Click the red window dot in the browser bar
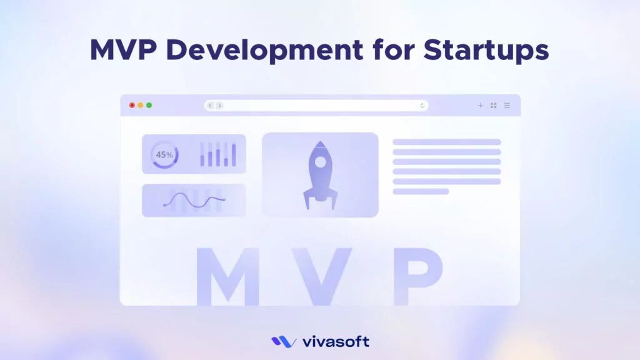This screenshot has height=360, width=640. tap(132, 105)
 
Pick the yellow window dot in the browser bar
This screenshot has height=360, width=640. tap(141, 105)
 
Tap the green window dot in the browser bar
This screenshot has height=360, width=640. tap(149, 105)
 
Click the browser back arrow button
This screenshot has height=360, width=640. tap(210, 106)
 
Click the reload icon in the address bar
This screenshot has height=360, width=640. tap(422, 106)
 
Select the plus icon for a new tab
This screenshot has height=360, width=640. tap(480, 106)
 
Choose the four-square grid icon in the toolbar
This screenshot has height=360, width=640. tap(494, 106)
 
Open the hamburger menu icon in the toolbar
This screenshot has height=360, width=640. tap(507, 106)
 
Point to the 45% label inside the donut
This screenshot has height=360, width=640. tap(164, 154)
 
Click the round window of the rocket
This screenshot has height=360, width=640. tap(320, 162)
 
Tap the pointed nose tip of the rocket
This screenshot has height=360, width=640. tap(320, 142)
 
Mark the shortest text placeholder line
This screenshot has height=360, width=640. tap(421, 191)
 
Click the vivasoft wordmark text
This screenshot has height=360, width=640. tap(336, 342)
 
